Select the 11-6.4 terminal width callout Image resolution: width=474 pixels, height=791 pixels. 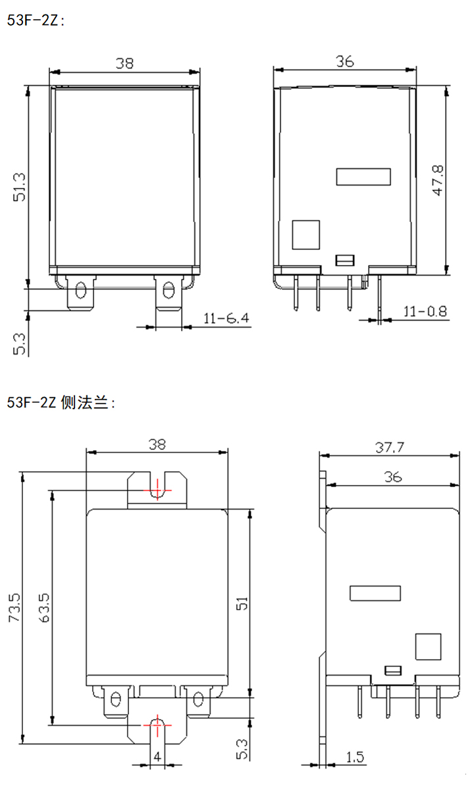point(226,318)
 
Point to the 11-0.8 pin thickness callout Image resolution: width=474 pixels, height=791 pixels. point(425,310)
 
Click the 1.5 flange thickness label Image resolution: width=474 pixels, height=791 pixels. point(355,758)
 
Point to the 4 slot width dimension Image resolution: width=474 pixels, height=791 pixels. point(157,757)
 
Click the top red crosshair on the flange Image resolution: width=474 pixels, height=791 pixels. point(157,490)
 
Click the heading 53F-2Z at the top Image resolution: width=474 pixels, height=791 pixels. point(36,20)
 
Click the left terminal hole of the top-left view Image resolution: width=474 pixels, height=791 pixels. point(81,290)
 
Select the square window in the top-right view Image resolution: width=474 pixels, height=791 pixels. point(305,235)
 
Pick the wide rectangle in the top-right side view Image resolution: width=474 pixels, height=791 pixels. point(363,177)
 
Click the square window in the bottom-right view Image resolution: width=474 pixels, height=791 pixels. point(427,647)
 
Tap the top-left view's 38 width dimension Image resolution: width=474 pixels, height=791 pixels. point(124,63)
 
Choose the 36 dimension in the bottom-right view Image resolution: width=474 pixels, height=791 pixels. point(393,477)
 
